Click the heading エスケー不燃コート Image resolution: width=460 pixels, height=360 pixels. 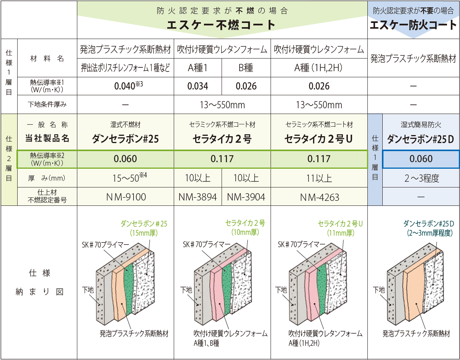[222, 25]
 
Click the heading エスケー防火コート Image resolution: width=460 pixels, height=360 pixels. [413, 26]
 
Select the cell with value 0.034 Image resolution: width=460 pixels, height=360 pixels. [198, 86]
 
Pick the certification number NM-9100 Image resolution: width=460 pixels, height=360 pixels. [126, 197]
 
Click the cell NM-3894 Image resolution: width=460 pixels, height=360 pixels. [198, 197]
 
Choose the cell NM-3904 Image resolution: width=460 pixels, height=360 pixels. [246, 197]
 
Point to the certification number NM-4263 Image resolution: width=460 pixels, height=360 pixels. [319, 197]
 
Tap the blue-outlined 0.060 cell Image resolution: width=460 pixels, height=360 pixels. [421, 159]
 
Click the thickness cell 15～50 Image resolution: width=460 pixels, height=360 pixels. [126, 178]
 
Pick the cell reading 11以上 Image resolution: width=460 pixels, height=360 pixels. [319, 178]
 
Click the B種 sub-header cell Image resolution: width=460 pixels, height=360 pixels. [246, 68]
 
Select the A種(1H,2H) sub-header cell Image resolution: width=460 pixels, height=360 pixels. [319, 68]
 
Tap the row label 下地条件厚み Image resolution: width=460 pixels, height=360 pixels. [47, 104]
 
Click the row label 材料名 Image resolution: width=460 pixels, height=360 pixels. [47, 59]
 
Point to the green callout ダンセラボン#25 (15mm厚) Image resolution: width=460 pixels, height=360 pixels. [144, 228]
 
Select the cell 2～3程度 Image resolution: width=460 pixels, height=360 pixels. [421, 178]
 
